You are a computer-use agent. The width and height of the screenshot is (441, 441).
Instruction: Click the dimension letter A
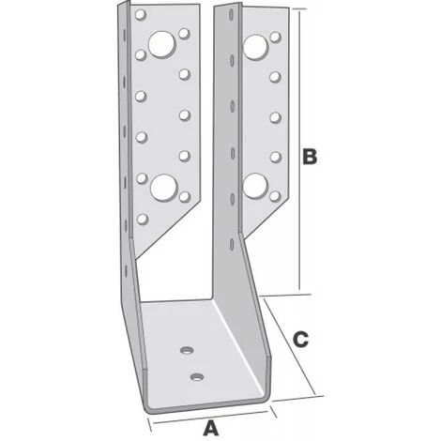[211, 428]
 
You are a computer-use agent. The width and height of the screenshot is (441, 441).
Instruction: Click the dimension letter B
[310, 157]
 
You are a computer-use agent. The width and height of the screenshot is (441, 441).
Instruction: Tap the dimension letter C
[300, 340]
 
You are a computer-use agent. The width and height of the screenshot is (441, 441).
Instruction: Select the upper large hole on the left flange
[161, 44]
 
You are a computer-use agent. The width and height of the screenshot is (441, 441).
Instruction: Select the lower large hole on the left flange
[164, 188]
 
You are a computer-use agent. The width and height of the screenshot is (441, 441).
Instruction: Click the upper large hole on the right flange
[255, 47]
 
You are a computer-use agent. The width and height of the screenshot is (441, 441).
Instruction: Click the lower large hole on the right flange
[255, 186]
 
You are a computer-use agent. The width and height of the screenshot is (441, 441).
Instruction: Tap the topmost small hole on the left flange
[141, 15]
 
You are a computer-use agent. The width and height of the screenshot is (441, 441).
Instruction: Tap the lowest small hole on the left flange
[143, 219]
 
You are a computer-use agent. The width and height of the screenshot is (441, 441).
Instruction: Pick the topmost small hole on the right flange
[275, 37]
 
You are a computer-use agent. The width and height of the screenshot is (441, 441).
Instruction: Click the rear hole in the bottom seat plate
[187, 350]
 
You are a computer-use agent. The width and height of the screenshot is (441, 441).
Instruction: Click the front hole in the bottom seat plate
[197, 377]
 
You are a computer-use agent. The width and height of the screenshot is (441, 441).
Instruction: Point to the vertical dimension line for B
[300, 150]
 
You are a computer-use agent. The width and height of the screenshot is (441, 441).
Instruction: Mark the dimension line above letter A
[211, 418]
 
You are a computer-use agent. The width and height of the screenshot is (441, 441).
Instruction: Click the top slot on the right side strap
[231, 15]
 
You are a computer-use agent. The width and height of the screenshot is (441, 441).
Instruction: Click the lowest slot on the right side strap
[232, 244]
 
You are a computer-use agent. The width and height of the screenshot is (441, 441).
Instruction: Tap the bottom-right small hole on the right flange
[275, 196]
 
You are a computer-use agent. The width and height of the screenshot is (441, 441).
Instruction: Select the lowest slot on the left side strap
[126, 271]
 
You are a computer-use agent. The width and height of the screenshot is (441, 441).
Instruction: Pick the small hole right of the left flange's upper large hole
[185, 34]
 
